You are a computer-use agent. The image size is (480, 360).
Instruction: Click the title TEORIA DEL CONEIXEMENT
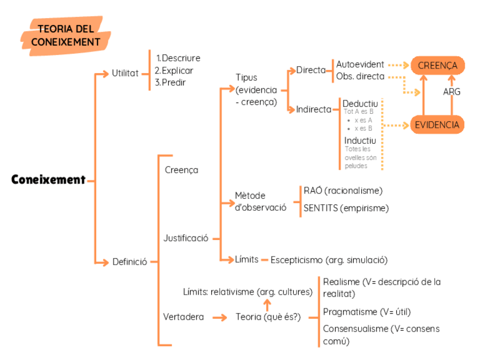(x=66, y=35)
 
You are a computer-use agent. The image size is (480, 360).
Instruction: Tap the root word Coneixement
(x=48, y=180)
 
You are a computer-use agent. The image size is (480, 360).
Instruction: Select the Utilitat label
(x=125, y=73)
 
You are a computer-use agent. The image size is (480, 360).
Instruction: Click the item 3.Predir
(x=170, y=83)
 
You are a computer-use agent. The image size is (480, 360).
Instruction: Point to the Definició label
(x=130, y=262)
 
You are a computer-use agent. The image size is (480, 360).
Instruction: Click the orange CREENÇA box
(x=438, y=66)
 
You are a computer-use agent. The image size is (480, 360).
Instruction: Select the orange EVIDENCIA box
(x=437, y=125)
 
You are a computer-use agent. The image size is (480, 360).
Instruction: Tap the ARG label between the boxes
(x=452, y=92)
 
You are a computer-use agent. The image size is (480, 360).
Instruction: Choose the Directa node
(x=311, y=70)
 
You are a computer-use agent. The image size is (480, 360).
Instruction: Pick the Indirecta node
(x=314, y=110)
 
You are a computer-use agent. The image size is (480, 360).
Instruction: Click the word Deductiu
(x=360, y=104)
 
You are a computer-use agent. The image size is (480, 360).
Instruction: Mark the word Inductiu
(x=360, y=140)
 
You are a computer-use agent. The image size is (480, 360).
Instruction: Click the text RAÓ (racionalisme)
(x=343, y=190)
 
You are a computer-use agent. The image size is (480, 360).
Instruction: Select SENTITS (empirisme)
(x=346, y=208)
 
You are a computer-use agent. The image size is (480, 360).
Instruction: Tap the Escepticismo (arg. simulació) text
(x=329, y=260)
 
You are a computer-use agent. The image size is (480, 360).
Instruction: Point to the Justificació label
(x=186, y=238)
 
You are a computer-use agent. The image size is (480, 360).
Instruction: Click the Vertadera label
(x=183, y=317)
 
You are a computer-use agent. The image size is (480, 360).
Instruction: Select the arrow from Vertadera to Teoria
(x=220, y=318)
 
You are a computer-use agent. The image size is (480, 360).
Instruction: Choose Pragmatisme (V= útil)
(x=367, y=312)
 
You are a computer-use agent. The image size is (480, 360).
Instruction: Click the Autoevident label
(x=360, y=65)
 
